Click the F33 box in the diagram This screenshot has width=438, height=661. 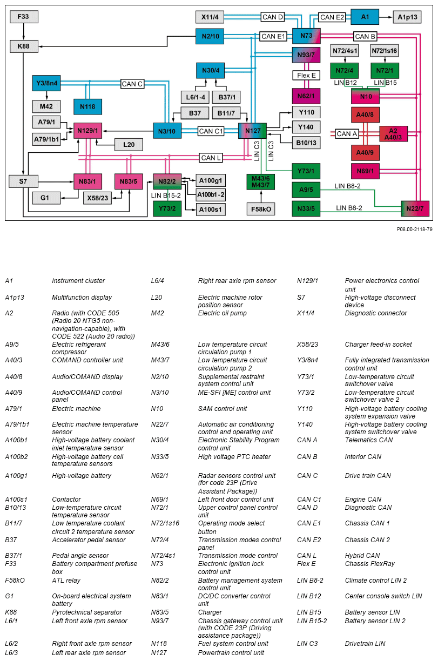click(24, 17)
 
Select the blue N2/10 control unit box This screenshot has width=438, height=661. click(210, 36)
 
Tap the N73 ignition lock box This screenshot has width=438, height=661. click(306, 36)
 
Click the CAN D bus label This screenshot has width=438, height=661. click(273, 17)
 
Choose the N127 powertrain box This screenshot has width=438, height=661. click(252, 131)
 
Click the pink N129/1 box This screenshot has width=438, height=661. click(87, 131)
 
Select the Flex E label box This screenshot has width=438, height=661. click(306, 75)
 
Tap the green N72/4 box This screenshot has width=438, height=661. click(345, 71)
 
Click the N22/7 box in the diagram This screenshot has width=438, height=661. click(415, 208)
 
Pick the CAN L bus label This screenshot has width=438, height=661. click(211, 158)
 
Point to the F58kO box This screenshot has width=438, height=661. click(261, 208)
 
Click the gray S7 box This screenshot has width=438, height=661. click(23, 181)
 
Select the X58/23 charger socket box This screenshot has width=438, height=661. click(98, 198)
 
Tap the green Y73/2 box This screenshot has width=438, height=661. click(167, 208)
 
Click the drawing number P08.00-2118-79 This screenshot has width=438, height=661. click(414, 229)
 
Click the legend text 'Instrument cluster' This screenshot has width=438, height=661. click(78, 281)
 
